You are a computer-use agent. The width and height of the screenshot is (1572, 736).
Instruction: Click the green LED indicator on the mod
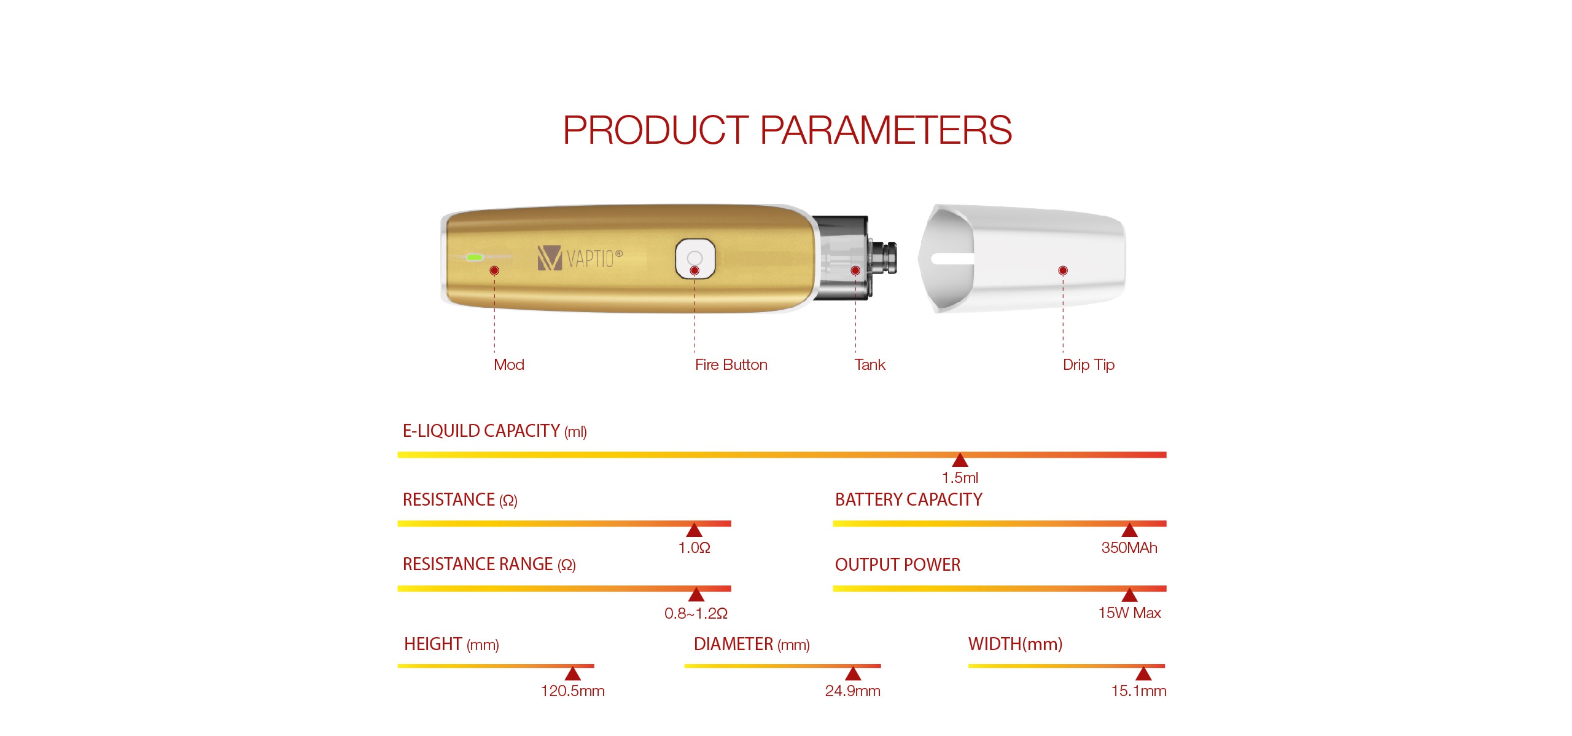pyautogui.click(x=475, y=257)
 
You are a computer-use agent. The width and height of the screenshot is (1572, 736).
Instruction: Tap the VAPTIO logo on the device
pyautogui.click(x=580, y=258)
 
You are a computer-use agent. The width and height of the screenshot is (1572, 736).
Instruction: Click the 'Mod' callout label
pyautogui.click(x=509, y=364)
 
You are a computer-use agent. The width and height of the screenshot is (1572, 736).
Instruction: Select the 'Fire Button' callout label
pyautogui.click(x=731, y=364)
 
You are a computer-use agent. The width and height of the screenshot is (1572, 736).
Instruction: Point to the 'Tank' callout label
pyautogui.click(x=870, y=364)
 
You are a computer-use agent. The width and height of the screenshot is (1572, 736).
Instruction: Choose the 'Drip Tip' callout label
pyautogui.click(x=1088, y=365)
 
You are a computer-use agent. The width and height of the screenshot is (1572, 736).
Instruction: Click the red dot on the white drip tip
pyautogui.click(x=1063, y=270)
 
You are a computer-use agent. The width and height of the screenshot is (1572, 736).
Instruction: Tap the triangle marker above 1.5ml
pyautogui.click(x=960, y=460)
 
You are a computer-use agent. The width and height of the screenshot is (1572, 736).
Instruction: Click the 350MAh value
pyautogui.click(x=1129, y=547)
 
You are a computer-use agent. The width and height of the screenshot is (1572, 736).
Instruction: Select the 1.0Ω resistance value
pyautogui.click(x=694, y=547)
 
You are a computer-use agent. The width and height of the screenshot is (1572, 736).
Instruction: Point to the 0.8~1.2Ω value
pyautogui.click(x=696, y=613)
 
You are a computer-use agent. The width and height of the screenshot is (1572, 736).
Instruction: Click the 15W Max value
pyautogui.click(x=1129, y=613)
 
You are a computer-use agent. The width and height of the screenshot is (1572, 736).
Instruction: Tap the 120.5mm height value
pyautogui.click(x=572, y=691)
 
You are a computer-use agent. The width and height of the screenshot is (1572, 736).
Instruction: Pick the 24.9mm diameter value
pyautogui.click(x=852, y=691)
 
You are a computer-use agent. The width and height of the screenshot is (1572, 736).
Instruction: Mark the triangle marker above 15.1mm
pyautogui.click(x=1143, y=673)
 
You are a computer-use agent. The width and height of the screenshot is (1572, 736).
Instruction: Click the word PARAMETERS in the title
pyautogui.click(x=885, y=130)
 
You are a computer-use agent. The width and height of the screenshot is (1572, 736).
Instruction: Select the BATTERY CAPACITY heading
pyautogui.click(x=908, y=499)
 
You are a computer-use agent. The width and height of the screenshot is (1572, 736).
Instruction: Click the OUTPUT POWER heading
pyautogui.click(x=897, y=565)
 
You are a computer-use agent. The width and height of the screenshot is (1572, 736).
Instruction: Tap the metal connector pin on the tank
pyautogui.click(x=885, y=258)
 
